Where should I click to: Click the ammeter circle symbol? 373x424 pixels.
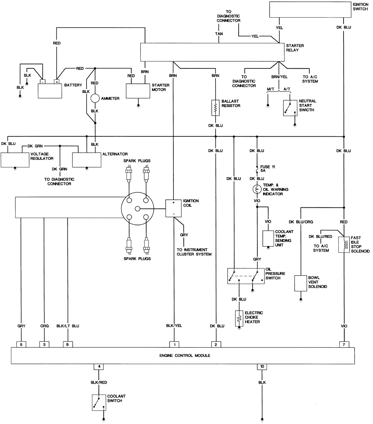click(95, 98)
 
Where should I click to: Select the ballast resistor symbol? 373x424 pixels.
click(215, 108)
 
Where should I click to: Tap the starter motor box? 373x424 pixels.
click(138, 91)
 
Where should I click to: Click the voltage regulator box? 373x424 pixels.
click(15, 160)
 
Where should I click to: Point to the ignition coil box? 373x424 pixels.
click(173, 208)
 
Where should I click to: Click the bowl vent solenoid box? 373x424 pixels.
click(301, 284)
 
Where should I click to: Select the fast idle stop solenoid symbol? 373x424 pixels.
click(344, 245)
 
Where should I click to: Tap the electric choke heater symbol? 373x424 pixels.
click(239, 318)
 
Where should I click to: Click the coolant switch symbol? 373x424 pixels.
click(99, 403)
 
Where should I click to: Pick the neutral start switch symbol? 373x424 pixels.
click(290, 108)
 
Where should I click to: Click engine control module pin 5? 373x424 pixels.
click(21, 344)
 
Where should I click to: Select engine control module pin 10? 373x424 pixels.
click(262, 367)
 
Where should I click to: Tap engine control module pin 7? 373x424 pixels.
click(344, 344)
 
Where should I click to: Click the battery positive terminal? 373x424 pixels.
click(57, 82)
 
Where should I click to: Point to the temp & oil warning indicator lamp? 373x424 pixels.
click(257, 189)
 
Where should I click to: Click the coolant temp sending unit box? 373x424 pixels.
click(268, 238)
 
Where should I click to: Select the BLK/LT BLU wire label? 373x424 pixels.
click(68, 326)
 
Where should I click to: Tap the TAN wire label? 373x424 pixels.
click(219, 34)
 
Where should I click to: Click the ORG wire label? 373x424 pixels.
click(44, 326)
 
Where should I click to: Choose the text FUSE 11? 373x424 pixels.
click(268, 167)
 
